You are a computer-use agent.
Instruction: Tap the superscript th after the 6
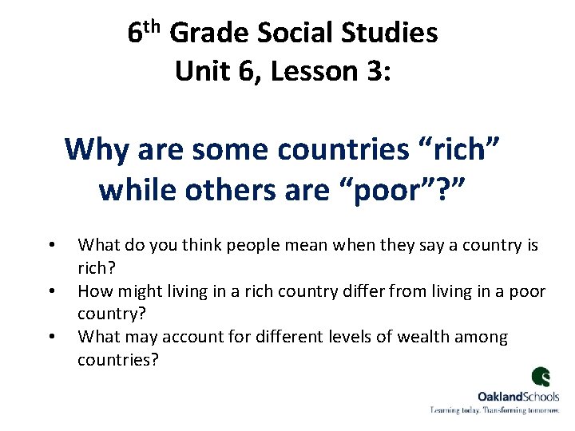156,26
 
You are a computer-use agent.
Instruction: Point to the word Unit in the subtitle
203,71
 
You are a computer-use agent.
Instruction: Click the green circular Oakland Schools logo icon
541,378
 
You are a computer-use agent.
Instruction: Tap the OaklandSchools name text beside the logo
518,396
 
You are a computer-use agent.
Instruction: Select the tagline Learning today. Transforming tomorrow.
495,409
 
